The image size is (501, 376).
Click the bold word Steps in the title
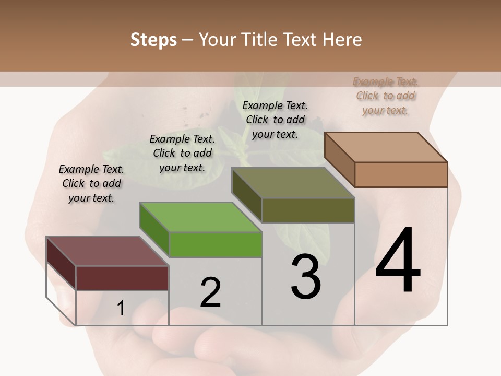tap(153, 40)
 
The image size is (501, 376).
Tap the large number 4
tap(398, 261)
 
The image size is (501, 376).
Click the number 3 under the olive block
tap(306, 277)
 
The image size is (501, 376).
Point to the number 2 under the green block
tap(211, 292)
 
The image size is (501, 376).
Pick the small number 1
tap(121, 309)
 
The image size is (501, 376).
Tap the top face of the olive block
tap(293, 183)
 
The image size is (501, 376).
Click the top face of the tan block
tap(386, 147)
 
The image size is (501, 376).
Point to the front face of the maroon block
tap(122, 278)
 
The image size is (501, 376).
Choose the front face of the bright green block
tap(215, 244)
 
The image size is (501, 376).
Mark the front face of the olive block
tap(308, 210)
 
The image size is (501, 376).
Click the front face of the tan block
tap(401, 174)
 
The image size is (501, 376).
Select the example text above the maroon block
tap(91, 183)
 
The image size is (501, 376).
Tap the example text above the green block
tap(182, 153)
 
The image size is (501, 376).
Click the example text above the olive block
tap(275, 120)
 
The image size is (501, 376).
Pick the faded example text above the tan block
tap(386, 96)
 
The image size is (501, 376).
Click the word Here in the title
tap(342, 40)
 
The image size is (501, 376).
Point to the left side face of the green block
tap(154, 230)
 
